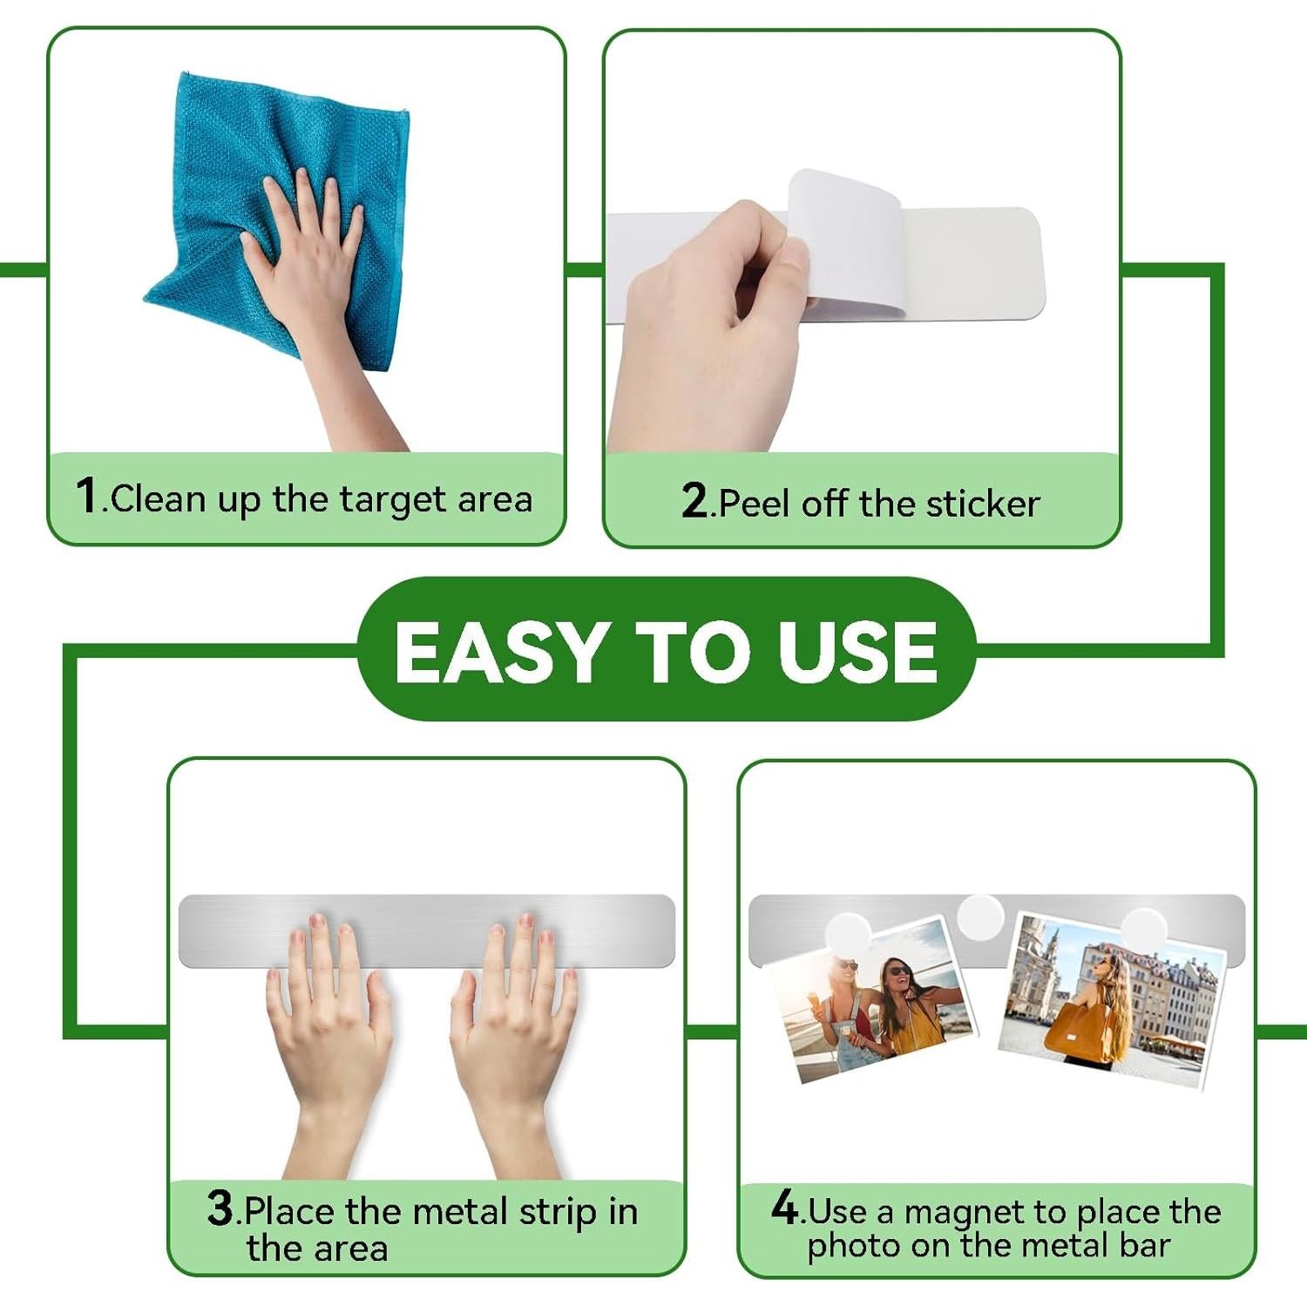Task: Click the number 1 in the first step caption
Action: coord(87,495)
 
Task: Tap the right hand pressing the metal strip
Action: coord(514,1037)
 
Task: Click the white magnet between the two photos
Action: coord(980,918)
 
